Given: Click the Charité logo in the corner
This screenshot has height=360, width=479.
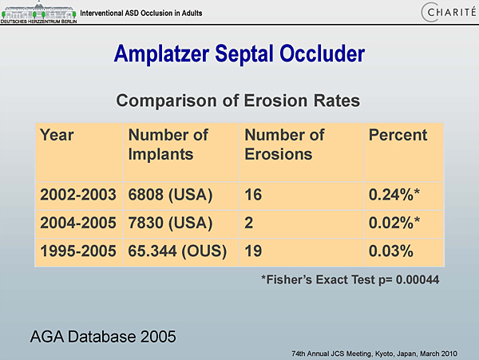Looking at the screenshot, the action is click(x=449, y=12).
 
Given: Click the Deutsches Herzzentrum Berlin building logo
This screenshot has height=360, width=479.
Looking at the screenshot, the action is click(x=38, y=12).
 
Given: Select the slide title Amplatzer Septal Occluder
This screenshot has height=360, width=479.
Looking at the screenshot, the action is click(x=239, y=53).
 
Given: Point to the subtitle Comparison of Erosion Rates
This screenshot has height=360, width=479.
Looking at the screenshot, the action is click(x=238, y=101).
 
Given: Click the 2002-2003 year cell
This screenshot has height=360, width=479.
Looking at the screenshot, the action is click(x=78, y=195).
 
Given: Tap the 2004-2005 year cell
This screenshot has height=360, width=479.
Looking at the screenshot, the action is click(x=78, y=223).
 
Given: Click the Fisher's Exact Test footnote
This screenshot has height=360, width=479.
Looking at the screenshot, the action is click(x=350, y=279).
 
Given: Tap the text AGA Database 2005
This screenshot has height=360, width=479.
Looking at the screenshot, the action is click(x=103, y=337).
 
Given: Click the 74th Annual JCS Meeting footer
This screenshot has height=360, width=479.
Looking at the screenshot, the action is click(x=374, y=354).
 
